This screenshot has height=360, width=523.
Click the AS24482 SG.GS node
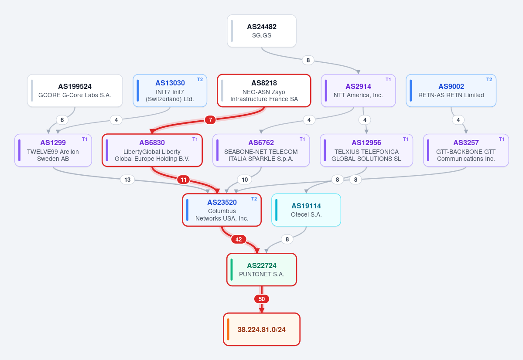click(262, 31)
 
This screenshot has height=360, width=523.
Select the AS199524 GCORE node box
click(75, 91)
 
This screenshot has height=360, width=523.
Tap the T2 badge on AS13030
click(200, 79)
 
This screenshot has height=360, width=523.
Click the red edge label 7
click(210, 120)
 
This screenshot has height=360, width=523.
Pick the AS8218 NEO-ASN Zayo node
click(264, 91)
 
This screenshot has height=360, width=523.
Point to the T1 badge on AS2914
click(388, 79)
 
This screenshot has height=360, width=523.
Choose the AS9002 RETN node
click(451, 91)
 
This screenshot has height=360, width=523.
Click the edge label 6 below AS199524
click(62, 120)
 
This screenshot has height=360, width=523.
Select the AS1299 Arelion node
click(53, 150)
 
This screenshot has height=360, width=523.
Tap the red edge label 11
click(184, 180)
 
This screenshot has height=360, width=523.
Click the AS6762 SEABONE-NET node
click(261, 150)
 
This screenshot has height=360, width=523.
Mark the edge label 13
click(127, 180)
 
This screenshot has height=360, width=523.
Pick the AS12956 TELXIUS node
click(366, 150)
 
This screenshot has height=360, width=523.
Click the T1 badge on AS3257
click(502, 139)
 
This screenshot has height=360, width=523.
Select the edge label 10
click(245, 180)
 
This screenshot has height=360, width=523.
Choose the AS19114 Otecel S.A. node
click(306, 210)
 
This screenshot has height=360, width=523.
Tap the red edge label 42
click(239, 239)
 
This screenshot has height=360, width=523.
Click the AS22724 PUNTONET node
click(262, 270)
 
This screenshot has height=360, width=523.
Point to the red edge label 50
click(262, 299)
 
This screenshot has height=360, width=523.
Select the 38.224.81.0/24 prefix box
click(262, 329)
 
